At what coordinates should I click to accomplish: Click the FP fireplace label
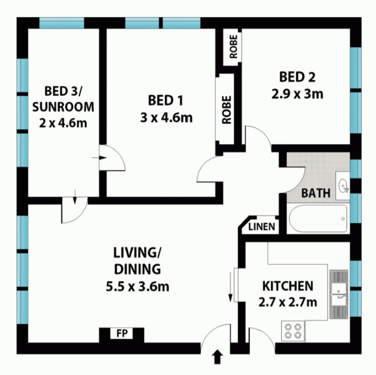pyautogui.click(x=122, y=333)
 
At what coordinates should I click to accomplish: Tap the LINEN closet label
pyautogui.click(x=262, y=227)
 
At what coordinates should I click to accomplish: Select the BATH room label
pyautogui.click(x=316, y=193)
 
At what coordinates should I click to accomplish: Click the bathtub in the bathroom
pyautogui.click(x=318, y=218)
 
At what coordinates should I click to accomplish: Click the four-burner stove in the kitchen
pyautogui.click(x=293, y=331)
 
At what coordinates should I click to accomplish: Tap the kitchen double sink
pyautogui.click(x=339, y=294)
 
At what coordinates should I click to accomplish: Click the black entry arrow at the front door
pyautogui.click(x=217, y=357)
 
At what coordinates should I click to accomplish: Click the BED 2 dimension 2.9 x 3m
pyautogui.click(x=297, y=94)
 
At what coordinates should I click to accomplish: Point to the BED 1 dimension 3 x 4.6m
pyautogui.click(x=166, y=118)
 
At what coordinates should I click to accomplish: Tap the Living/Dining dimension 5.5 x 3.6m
pyautogui.click(x=138, y=286)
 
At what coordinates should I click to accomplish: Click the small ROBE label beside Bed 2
pyautogui.click(x=233, y=47)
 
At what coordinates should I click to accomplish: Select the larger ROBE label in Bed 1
pyautogui.click(x=227, y=110)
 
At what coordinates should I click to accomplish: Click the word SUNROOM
pyautogui.click(x=63, y=107)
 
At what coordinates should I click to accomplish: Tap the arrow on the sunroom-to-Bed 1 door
pyautogui.click(x=99, y=158)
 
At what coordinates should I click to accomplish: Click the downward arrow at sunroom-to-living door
pyautogui.click(x=75, y=197)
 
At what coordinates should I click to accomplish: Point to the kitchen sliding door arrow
pyautogui.click(x=230, y=287)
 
